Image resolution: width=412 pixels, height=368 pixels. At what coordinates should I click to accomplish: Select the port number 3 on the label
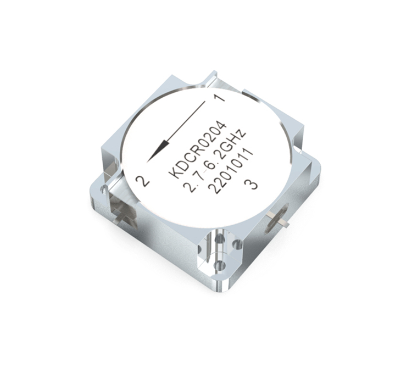tap(250, 184)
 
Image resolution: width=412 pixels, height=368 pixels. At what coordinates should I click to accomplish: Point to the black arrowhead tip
tap(147, 162)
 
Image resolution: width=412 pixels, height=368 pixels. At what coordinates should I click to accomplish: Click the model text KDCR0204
tap(197, 150)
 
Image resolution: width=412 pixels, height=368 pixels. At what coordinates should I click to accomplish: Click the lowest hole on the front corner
tap(220, 265)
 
